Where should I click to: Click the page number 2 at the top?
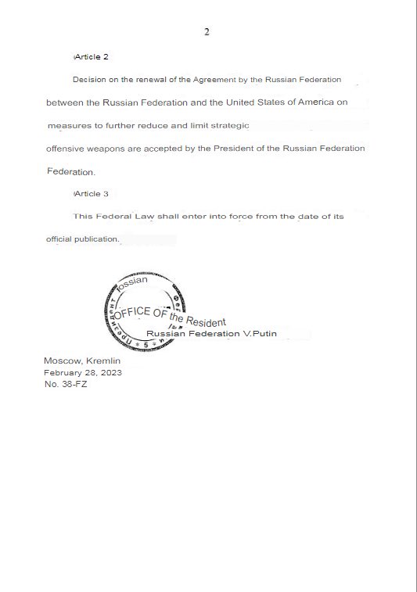[207, 32]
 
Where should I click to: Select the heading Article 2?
[91, 58]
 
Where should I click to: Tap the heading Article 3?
[91, 193]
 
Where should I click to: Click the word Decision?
[90, 80]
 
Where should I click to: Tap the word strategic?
[227, 125]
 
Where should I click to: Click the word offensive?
[66, 149]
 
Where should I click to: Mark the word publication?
[95, 239]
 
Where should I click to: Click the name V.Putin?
[261, 334]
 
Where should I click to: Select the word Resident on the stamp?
[206, 322]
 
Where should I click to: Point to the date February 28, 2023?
[82, 372]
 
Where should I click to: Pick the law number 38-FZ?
[74, 384]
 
